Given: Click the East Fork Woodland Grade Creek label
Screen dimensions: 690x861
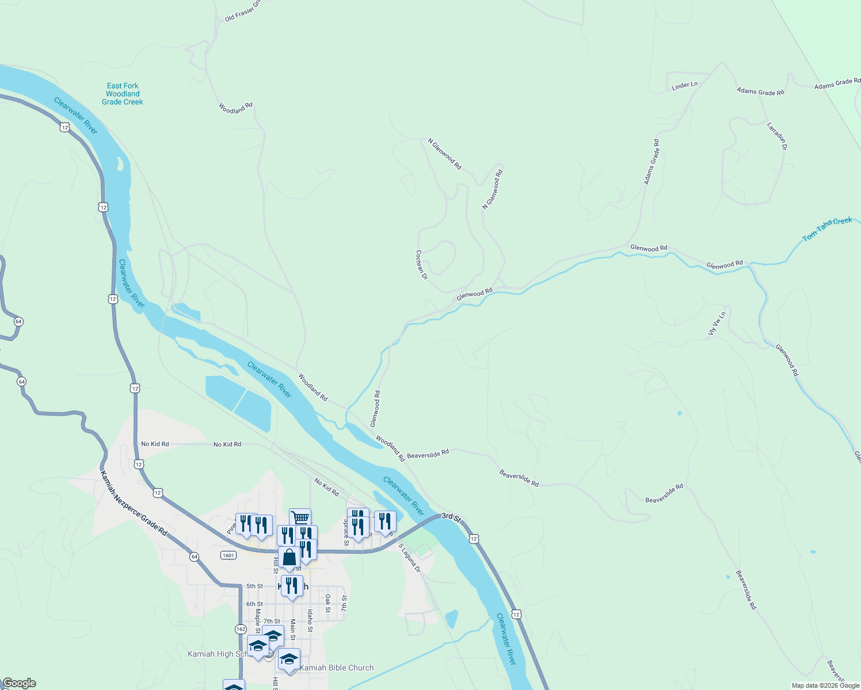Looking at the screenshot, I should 123,94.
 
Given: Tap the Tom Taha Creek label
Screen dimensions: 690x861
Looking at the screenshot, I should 827,229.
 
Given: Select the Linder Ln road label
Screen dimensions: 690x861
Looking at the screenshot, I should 684,86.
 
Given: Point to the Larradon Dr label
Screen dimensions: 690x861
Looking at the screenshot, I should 777,136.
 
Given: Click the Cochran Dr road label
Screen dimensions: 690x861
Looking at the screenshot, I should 421,264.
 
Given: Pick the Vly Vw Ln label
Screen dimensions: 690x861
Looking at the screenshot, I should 717,324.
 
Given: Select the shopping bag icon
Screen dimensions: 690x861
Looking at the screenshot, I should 289,557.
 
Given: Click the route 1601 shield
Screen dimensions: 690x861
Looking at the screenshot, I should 228,555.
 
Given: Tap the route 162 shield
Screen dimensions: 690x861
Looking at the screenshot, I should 241,628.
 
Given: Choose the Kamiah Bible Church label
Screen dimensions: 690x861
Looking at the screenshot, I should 337,668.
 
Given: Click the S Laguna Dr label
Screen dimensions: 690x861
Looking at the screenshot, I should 409,558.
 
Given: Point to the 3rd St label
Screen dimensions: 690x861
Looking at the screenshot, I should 451,517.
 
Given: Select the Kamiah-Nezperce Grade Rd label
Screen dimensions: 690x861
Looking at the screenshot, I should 134,504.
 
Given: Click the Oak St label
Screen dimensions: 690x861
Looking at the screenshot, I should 327,603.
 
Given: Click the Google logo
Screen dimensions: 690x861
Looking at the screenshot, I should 20,683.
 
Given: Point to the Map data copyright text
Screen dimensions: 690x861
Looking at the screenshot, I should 825,685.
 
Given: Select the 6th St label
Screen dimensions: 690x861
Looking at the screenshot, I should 254,604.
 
